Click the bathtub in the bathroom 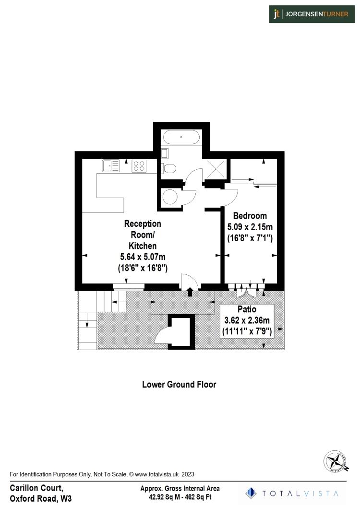click(x=181, y=137)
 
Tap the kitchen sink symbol click(x=111, y=166)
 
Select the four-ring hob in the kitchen click(x=139, y=166)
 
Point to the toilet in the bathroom click(x=169, y=167)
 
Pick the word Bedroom click(x=250, y=216)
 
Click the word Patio click(x=247, y=309)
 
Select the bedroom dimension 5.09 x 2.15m click(x=250, y=226)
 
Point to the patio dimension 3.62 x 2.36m click(x=247, y=320)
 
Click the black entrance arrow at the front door click(x=190, y=291)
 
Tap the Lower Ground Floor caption click(x=179, y=384)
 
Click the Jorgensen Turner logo click(x=312, y=14)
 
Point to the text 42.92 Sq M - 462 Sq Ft click(x=180, y=497)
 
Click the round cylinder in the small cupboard click(x=170, y=196)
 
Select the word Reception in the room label click(x=143, y=223)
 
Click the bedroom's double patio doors click(x=247, y=288)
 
